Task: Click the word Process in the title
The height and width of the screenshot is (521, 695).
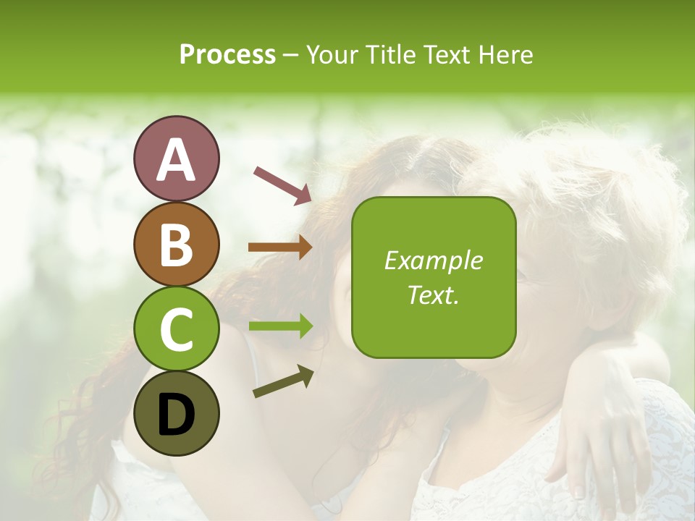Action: (x=227, y=54)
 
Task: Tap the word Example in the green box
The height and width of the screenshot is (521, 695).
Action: (x=434, y=261)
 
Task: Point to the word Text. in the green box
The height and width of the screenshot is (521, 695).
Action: (x=434, y=295)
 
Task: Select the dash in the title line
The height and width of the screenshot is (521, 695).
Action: (x=291, y=55)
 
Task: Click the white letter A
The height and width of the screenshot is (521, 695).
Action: (x=176, y=160)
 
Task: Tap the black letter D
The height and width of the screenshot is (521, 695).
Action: (x=176, y=414)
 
